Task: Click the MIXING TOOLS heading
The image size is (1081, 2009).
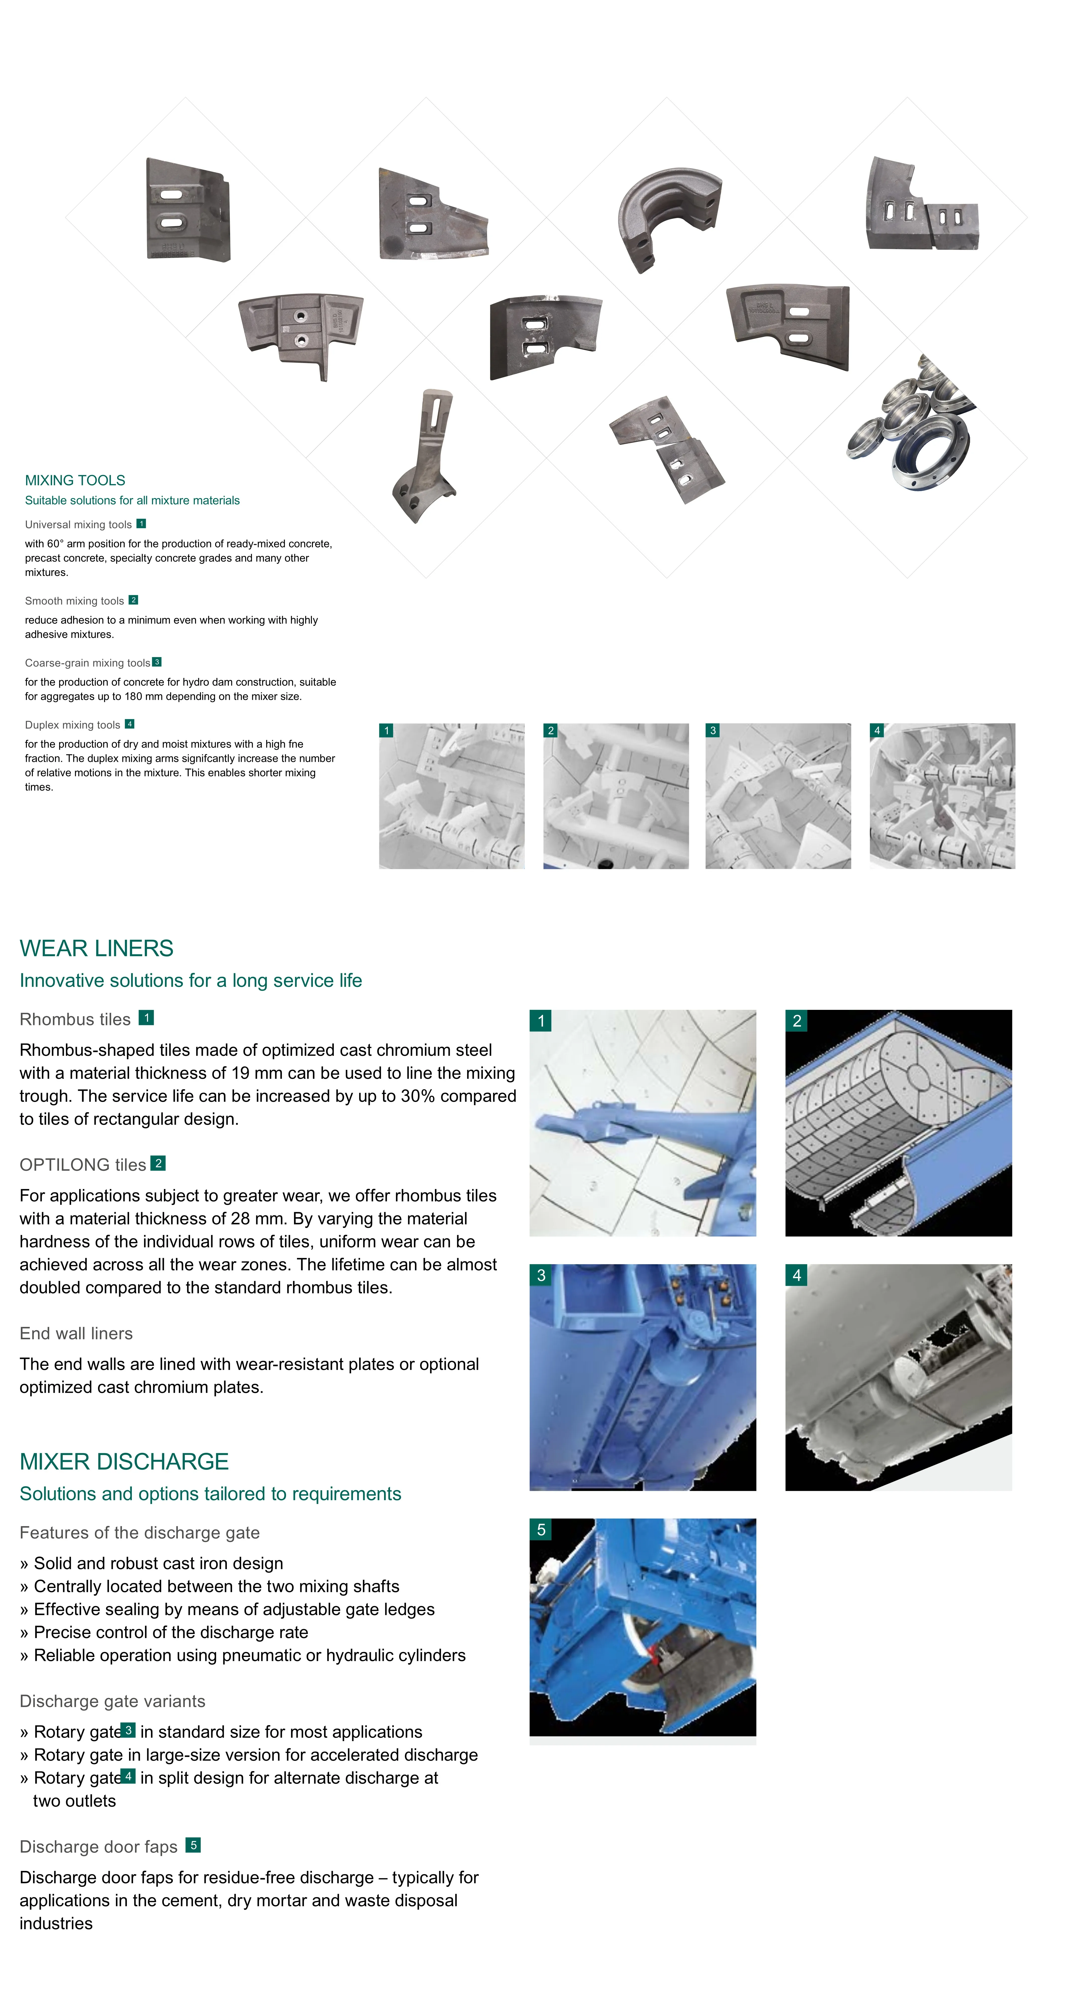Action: pyautogui.click(x=75, y=480)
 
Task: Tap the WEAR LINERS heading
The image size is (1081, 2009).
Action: pyautogui.click(x=96, y=948)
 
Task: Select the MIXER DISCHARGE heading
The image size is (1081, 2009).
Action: pyautogui.click(x=124, y=1461)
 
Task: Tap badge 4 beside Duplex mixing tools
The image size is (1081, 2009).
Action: pyautogui.click(x=130, y=724)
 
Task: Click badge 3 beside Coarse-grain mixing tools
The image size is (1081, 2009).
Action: pyautogui.click(x=157, y=662)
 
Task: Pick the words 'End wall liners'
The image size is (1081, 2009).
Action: pyautogui.click(x=76, y=1334)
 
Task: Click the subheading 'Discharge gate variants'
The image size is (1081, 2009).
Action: pyautogui.click(x=112, y=1701)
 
